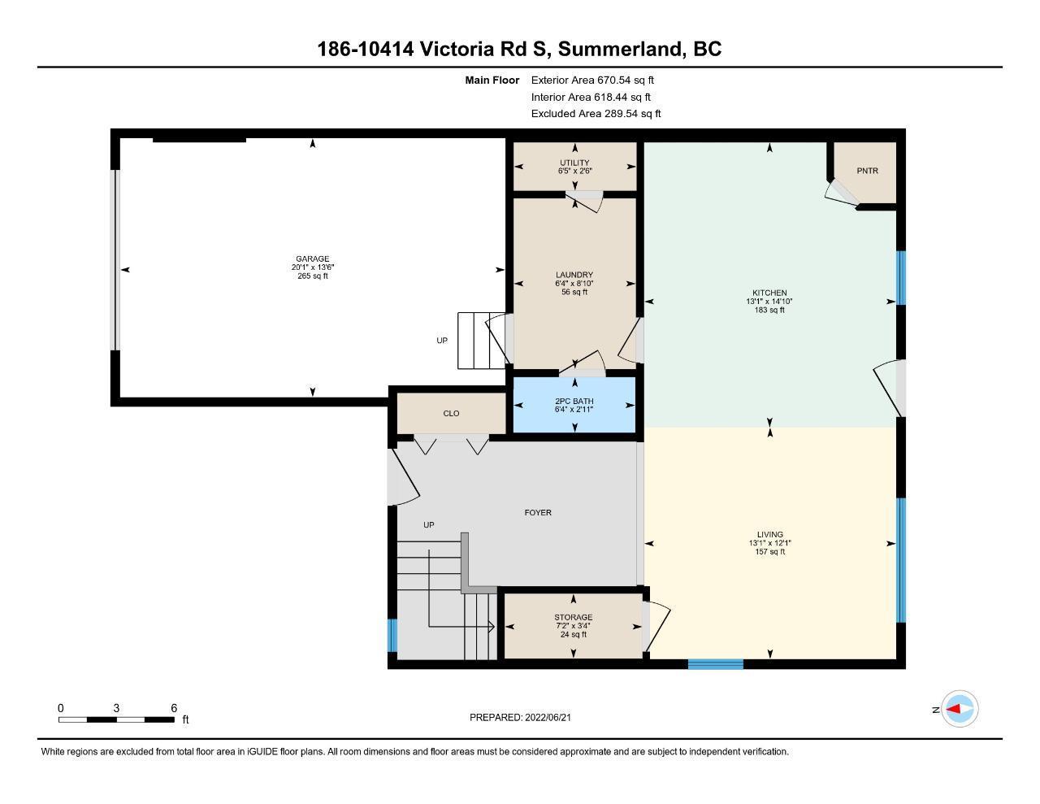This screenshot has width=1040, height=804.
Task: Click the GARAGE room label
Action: (x=313, y=259)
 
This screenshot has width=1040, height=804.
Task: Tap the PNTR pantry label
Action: (x=867, y=171)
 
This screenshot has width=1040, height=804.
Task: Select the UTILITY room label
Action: (x=574, y=163)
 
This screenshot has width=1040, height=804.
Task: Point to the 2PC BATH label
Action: (x=574, y=402)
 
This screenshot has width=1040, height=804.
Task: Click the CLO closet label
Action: (x=451, y=413)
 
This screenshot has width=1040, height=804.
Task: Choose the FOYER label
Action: (x=538, y=512)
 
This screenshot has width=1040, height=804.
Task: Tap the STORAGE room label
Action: (x=574, y=617)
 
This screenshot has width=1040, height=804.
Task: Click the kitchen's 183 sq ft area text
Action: (x=769, y=310)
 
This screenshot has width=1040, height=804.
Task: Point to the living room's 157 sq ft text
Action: (x=770, y=552)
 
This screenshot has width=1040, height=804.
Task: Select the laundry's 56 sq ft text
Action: (x=574, y=292)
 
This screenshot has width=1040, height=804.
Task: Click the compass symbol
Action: (x=960, y=709)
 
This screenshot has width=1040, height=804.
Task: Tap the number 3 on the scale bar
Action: (x=116, y=708)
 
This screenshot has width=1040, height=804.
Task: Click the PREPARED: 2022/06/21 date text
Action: (x=520, y=717)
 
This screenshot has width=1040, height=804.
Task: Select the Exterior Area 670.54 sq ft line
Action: (x=592, y=80)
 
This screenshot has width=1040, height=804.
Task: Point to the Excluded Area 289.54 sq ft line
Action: (x=596, y=114)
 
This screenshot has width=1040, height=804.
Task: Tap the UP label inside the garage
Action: (x=442, y=341)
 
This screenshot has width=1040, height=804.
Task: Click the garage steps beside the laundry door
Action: (x=481, y=341)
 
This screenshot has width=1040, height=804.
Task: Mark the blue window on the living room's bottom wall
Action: (x=716, y=663)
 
